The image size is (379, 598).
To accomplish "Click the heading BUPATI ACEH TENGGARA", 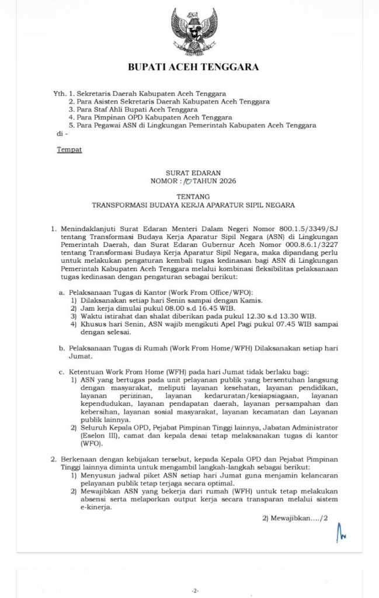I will (193, 68).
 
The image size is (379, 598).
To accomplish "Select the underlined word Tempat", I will (69, 149).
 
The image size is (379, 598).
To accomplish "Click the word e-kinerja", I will (89, 507).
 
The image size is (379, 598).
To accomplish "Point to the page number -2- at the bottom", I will (195, 590).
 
